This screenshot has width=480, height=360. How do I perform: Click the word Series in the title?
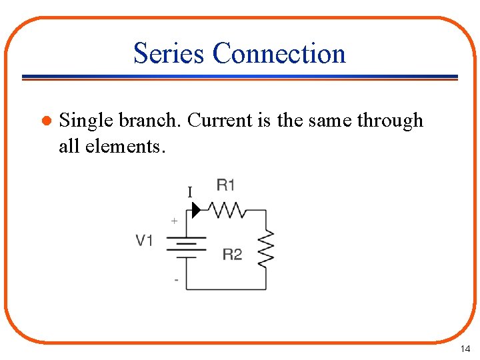pos(169,53)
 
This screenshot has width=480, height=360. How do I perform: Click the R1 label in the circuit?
pos(225,185)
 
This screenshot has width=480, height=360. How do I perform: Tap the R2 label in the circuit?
pos(232,254)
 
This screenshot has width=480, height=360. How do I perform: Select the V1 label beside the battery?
pos(145,240)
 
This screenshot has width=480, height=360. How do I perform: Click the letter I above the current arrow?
pos(190,193)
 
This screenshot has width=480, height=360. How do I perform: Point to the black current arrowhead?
pos(196,211)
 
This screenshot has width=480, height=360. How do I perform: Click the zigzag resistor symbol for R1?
pos(227,211)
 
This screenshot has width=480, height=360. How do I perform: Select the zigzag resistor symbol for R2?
pos(266,249)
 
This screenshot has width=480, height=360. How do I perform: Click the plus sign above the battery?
pos(175,220)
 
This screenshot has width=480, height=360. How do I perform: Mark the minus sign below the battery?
pos(176,280)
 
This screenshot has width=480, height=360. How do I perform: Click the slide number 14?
pos(465,349)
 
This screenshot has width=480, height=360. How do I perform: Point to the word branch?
pos(151,121)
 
